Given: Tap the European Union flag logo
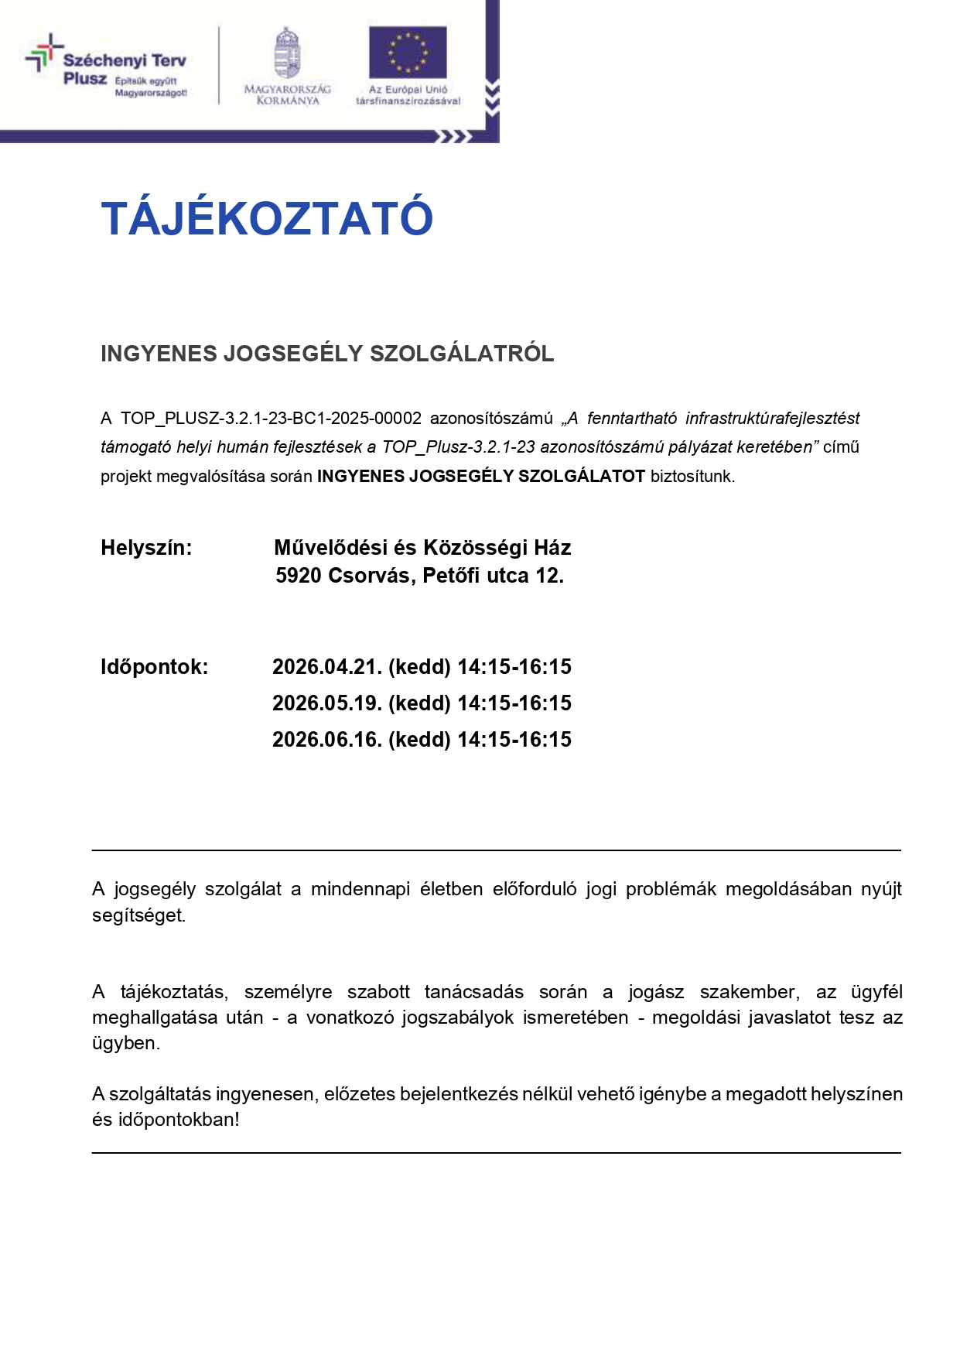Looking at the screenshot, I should pos(408,53).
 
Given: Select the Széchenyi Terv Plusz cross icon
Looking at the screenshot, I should pos(43,53).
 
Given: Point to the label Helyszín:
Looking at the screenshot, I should pos(146,548).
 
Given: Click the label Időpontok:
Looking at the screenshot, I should pos(154,667).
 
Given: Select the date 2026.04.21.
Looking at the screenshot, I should pos(327,667).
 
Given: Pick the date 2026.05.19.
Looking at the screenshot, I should pos(327,703).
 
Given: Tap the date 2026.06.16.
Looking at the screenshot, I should pos(327,740).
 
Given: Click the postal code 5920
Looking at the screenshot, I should pos(299,576).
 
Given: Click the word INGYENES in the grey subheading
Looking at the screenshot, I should pos(159,354).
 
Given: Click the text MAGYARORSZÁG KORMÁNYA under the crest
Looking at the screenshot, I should pos(287,95).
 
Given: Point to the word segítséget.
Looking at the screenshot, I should pos(138,915).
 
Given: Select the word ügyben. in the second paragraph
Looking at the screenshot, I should pos(126,1043).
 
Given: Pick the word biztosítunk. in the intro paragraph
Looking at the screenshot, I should pos(692,477).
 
